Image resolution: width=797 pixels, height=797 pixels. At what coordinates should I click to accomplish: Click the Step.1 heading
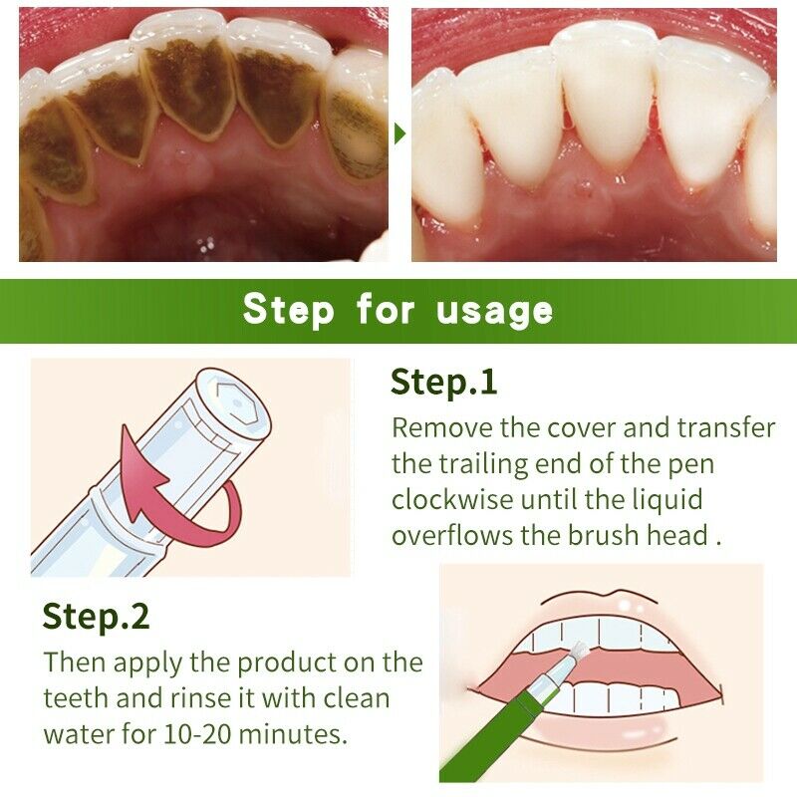(443, 382)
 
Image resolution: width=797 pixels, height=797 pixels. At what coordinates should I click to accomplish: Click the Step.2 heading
(96, 617)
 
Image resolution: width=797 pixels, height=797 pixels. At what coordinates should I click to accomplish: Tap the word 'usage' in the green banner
(494, 310)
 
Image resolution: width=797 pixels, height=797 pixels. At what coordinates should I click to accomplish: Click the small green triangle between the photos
(400, 133)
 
